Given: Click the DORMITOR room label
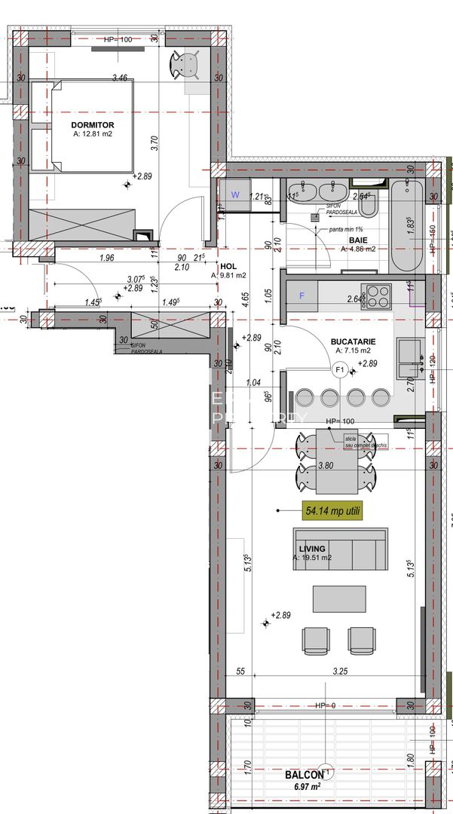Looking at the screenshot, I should tap(93, 124).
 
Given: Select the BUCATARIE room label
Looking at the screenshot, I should tap(353, 341).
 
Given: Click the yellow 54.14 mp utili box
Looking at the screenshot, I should tap(332, 510).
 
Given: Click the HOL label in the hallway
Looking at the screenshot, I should tap(228, 266).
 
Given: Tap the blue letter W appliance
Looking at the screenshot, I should tap(234, 194).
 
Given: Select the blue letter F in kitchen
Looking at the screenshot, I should tap(302, 295).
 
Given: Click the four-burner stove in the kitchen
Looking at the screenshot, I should tap(377, 295).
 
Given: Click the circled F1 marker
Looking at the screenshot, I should tap(339, 369).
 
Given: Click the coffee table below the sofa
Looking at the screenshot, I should tap(338, 599).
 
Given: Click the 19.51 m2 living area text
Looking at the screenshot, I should tap(312, 558).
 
